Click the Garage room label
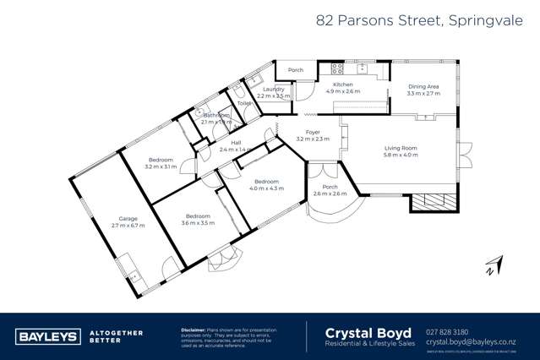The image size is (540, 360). [x=128, y=218]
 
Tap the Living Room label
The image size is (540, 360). [x=400, y=148]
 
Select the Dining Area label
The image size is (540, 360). [x=423, y=86]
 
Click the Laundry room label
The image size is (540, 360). [x=273, y=89]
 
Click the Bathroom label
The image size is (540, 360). [x=216, y=114]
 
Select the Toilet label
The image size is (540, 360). [x=243, y=103]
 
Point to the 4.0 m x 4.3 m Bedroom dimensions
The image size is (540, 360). [x=266, y=188]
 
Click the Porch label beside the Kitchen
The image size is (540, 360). [x=296, y=70]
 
